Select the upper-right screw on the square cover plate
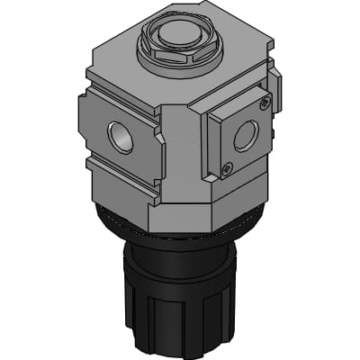tap(263, 104)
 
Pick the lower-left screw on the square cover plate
tap(227, 166)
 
